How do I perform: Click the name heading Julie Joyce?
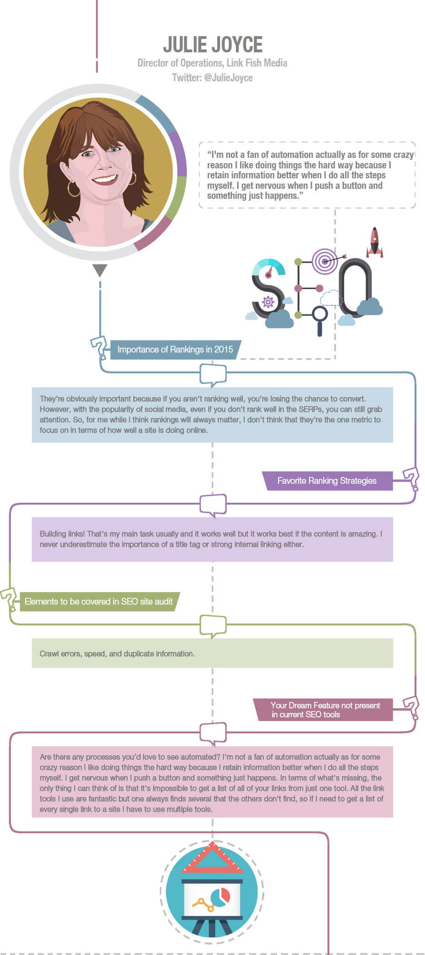click(212, 44)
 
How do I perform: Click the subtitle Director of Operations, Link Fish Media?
click(212, 63)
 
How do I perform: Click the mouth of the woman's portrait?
click(105, 179)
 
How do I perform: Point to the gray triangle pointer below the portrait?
click(100, 270)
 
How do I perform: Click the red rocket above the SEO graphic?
click(375, 242)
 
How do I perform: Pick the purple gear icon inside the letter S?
click(268, 302)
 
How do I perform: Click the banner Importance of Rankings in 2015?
click(175, 350)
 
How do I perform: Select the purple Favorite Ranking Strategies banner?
click(328, 481)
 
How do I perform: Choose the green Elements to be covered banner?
click(99, 602)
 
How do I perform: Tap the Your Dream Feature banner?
click(323, 710)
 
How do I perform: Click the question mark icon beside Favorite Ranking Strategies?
click(411, 479)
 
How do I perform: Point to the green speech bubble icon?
click(213, 626)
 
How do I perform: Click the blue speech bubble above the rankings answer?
click(213, 375)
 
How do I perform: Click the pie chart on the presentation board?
click(220, 897)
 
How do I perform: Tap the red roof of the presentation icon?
click(212, 858)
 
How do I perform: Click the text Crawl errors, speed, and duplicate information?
click(117, 653)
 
